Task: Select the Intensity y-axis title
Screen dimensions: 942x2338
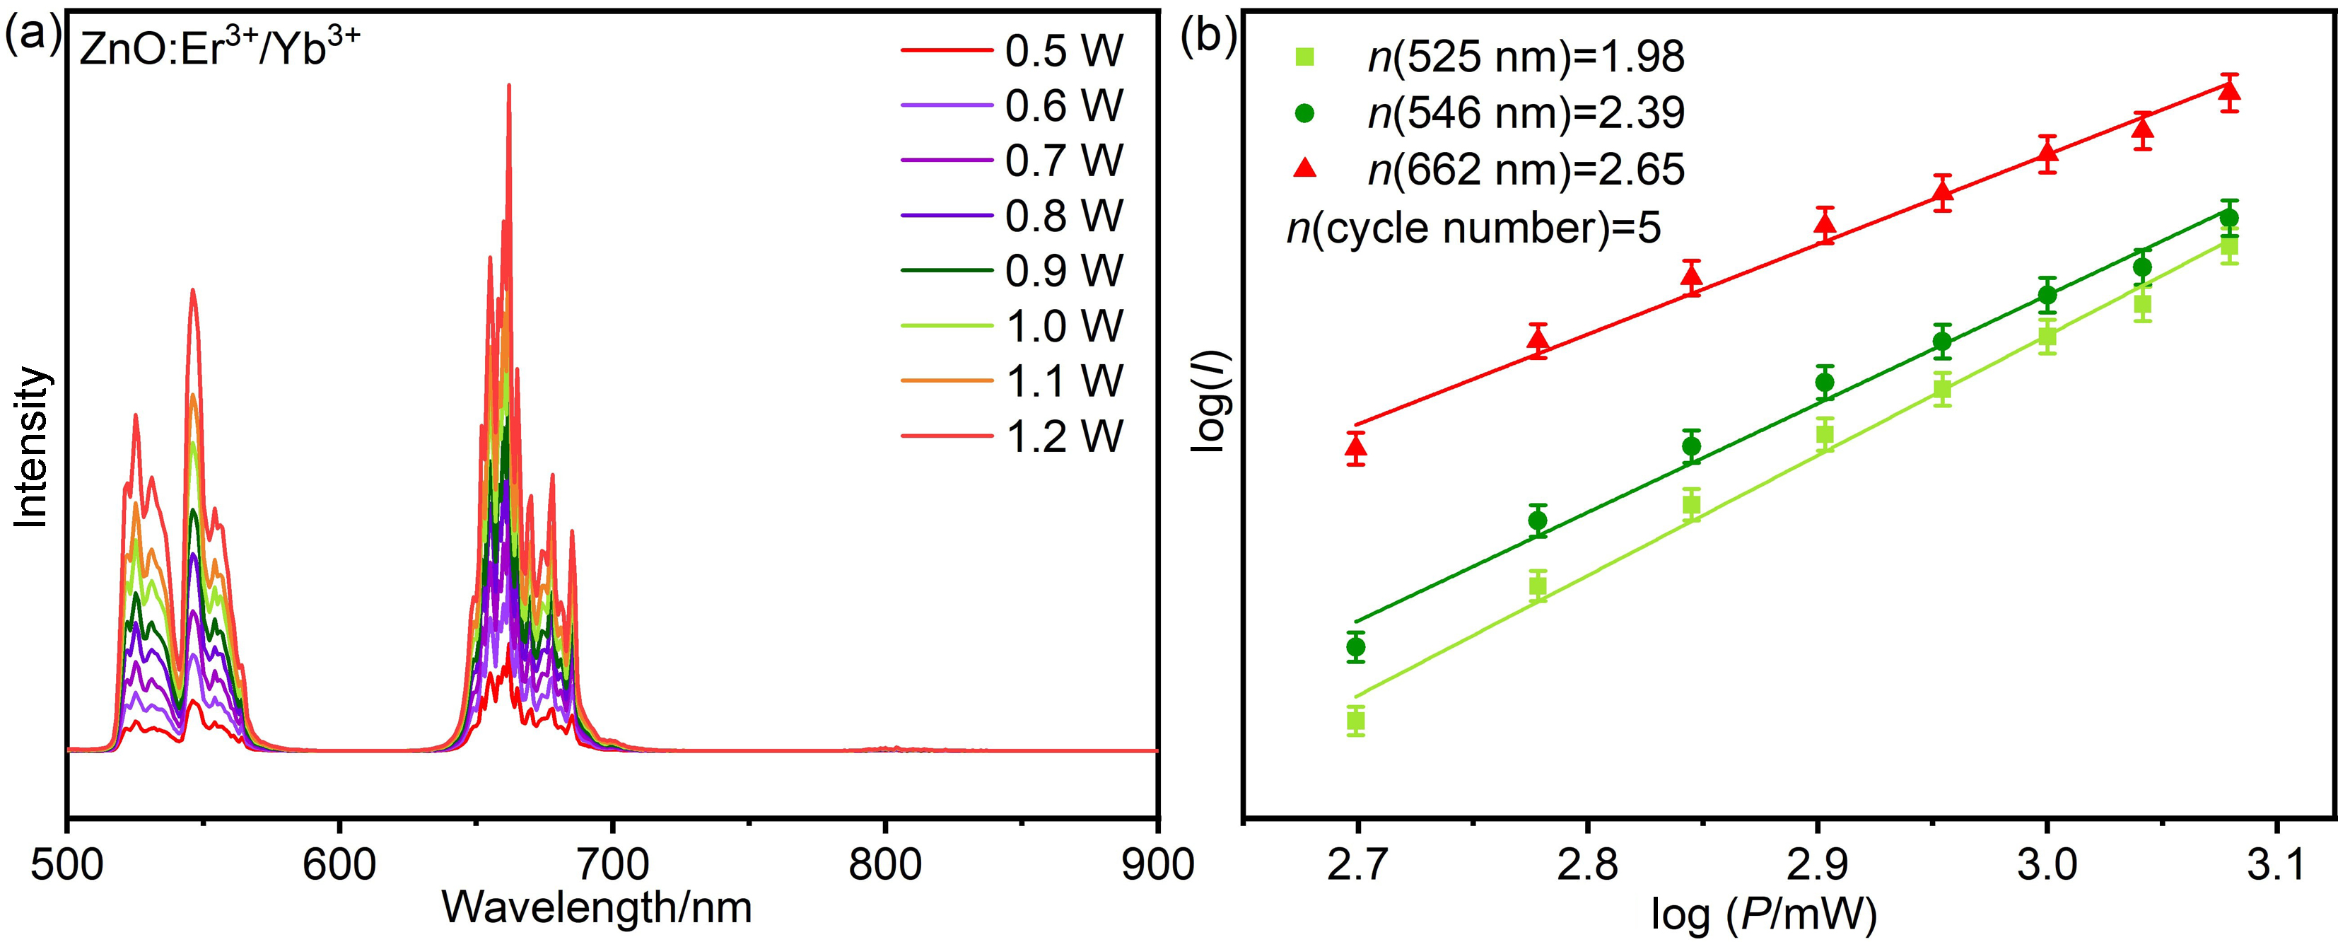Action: point(33,446)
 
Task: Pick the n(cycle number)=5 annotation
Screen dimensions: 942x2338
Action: point(1474,228)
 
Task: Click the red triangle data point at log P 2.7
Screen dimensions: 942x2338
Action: point(1356,446)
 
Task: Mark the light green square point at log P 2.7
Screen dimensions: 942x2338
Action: point(1356,721)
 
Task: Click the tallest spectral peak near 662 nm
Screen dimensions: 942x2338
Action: point(509,86)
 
